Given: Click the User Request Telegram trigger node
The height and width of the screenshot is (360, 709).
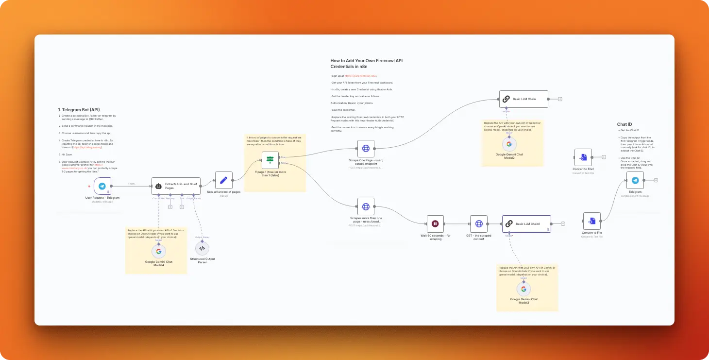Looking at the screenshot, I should click(x=102, y=186).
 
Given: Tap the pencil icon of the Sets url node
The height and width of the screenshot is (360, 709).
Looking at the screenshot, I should click(x=224, y=180).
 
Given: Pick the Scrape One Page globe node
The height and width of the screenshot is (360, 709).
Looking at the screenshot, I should click(x=366, y=149).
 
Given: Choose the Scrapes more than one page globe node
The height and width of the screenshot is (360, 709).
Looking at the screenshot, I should click(x=366, y=206).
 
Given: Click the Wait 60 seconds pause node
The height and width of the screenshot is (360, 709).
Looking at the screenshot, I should click(x=435, y=224).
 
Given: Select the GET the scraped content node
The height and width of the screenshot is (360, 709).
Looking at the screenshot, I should click(x=479, y=224).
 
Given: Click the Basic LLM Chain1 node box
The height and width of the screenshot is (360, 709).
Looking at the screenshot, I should click(x=526, y=224).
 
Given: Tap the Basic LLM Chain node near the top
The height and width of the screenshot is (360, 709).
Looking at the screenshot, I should click(x=523, y=99).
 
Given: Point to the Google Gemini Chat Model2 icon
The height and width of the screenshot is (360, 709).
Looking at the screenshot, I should click(x=509, y=144).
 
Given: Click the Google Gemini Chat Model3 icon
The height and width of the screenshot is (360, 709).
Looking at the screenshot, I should click(x=523, y=289).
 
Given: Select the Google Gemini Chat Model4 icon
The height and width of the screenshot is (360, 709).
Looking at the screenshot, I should click(x=158, y=251).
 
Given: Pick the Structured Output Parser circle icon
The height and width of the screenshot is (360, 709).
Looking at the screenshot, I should click(x=202, y=248).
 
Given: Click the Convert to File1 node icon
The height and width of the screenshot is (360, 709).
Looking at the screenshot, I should click(x=583, y=157).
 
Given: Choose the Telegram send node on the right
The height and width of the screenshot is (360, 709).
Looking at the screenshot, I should click(x=635, y=180).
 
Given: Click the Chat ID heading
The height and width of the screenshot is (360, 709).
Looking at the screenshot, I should click(x=625, y=124).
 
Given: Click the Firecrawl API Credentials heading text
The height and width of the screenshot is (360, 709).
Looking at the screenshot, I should click(x=367, y=63).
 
